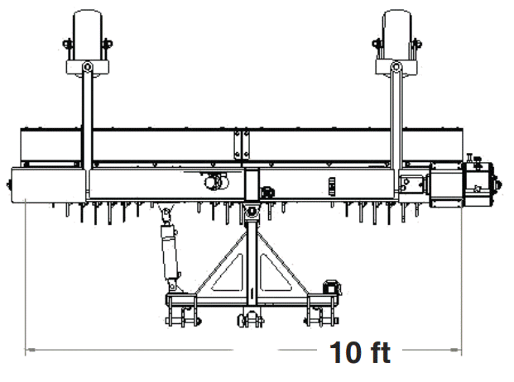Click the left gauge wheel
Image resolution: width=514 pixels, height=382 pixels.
tap(87, 31)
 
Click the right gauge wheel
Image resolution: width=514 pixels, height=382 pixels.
tap(397, 31)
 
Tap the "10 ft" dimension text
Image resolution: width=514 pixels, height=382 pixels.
tap(360, 352)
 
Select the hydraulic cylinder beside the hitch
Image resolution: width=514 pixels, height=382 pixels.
tap(171, 248)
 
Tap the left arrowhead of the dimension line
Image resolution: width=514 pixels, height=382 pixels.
tap(30, 350)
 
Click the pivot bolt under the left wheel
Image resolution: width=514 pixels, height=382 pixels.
tap(87, 67)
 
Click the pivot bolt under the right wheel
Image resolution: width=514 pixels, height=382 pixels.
tap(397, 67)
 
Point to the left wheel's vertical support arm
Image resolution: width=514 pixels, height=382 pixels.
tap(87, 124)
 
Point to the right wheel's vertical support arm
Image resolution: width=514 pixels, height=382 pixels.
tap(397, 124)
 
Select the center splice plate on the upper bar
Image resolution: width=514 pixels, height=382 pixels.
tap(241, 142)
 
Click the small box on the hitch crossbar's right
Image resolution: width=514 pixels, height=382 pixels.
tap(330, 286)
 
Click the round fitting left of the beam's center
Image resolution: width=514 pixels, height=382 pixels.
tap(215, 182)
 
